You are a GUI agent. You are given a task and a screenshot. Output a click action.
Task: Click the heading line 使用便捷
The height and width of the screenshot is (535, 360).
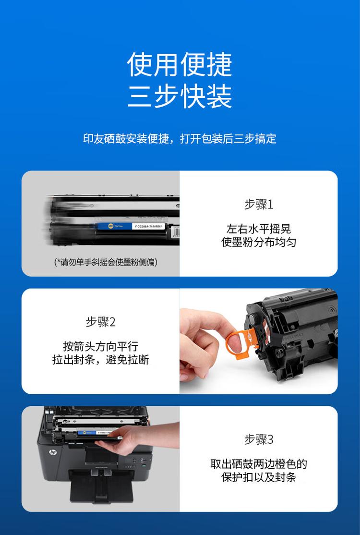point(180,64)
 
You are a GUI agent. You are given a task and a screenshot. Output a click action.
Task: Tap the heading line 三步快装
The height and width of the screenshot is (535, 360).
point(180,96)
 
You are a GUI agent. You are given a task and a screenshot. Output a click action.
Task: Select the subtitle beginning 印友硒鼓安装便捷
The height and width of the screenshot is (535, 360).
point(180,139)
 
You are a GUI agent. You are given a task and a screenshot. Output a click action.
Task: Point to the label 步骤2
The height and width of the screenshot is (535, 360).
point(101,322)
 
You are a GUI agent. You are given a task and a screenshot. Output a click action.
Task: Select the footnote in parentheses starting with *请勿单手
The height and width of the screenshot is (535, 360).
point(106,262)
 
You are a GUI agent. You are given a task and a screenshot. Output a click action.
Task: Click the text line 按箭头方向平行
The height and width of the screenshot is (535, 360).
point(101,346)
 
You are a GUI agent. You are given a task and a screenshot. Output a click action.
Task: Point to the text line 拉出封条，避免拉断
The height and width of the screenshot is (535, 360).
point(101,360)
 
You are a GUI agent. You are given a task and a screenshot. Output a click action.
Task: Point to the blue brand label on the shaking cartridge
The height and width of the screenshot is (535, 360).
point(113,225)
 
